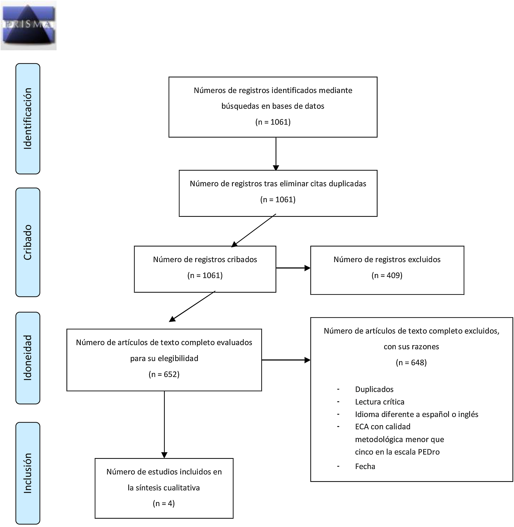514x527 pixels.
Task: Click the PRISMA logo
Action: coord(28,25)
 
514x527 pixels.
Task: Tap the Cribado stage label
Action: coord(28,242)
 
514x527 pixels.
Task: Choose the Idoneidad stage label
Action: coord(28,358)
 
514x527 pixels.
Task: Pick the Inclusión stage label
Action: coord(28,473)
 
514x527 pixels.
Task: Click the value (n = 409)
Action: coord(387,275)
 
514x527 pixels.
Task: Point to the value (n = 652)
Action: coord(164,374)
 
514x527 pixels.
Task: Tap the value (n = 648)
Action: coord(411,362)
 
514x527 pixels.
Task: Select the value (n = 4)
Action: coord(164,503)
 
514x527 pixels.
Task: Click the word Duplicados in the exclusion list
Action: coord(374,389)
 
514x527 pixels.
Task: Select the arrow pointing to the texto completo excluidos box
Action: coord(286,360)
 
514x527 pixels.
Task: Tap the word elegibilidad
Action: coord(178,358)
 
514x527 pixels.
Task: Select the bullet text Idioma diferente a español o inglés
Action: coord(417,414)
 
